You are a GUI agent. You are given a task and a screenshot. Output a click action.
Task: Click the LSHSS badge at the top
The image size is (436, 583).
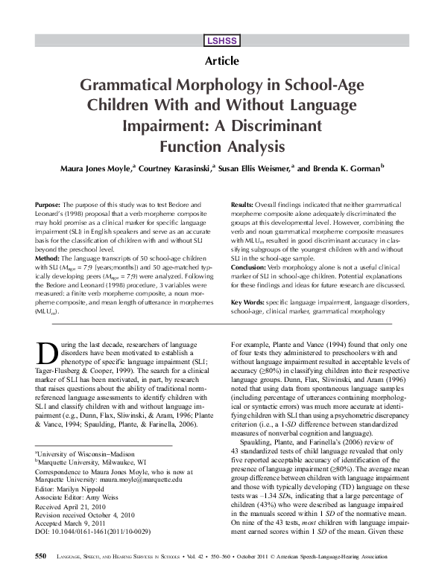pos(218,41)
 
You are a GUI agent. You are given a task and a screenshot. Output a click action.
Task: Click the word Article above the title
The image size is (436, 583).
pos(218,60)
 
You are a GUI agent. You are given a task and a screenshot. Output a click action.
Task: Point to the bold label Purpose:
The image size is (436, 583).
pos(49,203)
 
